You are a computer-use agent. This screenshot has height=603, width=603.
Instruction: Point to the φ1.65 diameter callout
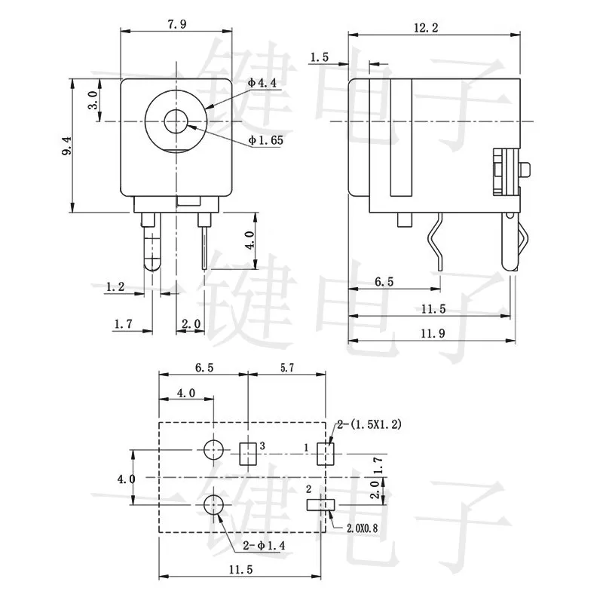click(266, 141)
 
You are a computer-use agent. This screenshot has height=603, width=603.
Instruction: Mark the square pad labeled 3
click(248, 452)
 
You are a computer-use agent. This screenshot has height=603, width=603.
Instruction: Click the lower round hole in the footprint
click(214, 505)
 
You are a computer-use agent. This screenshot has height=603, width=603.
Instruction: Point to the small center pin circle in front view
click(176, 121)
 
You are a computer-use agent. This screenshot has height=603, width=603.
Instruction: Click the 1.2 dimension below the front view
click(115, 287)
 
